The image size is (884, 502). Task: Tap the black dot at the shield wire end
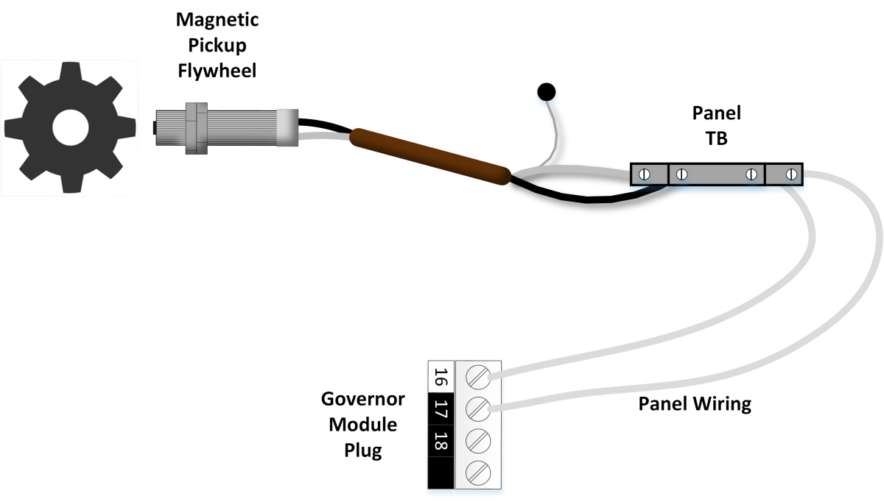click(546, 92)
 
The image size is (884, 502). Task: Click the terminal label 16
click(441, 377)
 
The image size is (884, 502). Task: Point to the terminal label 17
click(441, 409)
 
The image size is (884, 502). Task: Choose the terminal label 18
click(441, 442)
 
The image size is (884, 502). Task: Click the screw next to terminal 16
click(478, 378)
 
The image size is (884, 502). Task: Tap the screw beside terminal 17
click(478, 407)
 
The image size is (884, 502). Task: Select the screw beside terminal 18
click(478, 439)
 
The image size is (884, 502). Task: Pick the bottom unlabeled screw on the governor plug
click(478, 469)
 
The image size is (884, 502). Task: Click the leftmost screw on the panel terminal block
click(644, 174)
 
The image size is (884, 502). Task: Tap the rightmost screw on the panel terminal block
click(791, 174)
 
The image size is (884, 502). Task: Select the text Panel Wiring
click(694, 404)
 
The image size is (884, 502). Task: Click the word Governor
click(362, 400)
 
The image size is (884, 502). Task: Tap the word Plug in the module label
click(362, 450)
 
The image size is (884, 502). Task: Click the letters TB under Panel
click(716, 138)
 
